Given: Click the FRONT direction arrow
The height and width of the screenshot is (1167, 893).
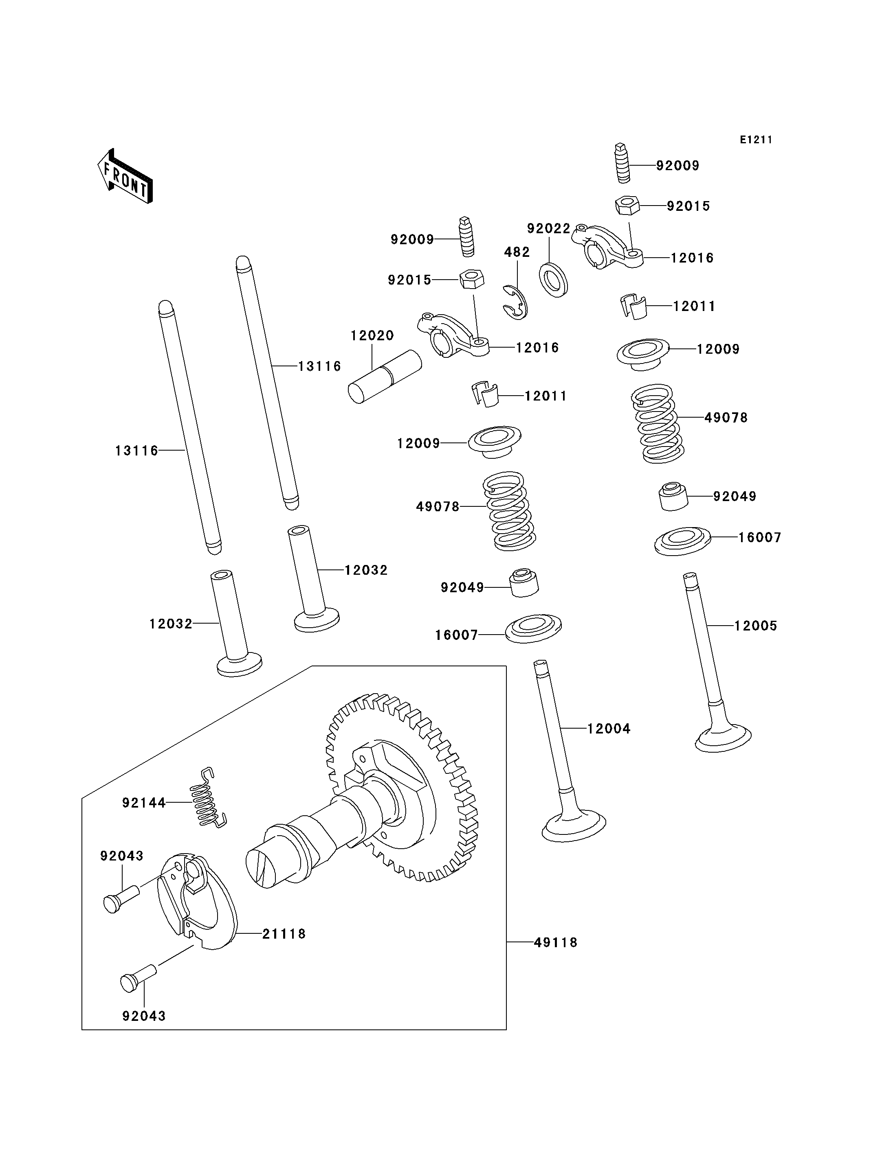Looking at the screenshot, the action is coord(125,176).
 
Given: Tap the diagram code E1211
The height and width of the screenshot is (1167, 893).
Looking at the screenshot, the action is coord(756,140).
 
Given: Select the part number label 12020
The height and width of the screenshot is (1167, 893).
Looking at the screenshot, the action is coord(372,336).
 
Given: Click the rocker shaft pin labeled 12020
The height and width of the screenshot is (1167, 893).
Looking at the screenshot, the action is coord(385,376).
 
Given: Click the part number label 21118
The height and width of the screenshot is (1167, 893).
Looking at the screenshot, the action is coord(284,934).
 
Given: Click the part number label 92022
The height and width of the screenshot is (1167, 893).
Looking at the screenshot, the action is coord(549,228).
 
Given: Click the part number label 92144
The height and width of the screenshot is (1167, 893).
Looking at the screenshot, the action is coord(144,803).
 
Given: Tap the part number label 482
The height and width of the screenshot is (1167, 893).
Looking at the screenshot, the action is coord(517,252).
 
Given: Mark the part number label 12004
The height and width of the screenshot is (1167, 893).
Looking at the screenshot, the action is coord(609,729).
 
